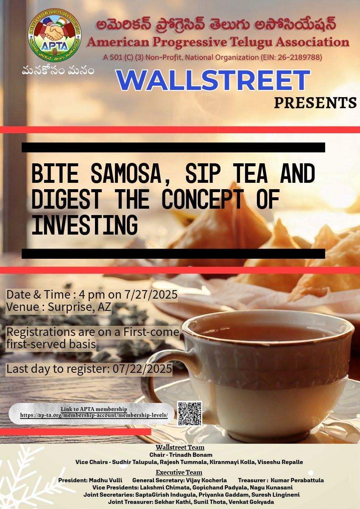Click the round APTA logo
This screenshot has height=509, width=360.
55,35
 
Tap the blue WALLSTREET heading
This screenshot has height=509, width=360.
213,81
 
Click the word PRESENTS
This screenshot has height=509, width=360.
315,103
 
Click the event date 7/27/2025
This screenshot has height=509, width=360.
151,294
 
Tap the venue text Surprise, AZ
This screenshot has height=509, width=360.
79,307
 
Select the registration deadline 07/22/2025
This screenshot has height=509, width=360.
142,368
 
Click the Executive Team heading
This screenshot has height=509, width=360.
179,473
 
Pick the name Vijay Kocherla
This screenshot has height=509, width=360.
206,480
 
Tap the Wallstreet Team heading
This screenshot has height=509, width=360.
180,447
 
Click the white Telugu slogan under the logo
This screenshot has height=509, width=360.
58,71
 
